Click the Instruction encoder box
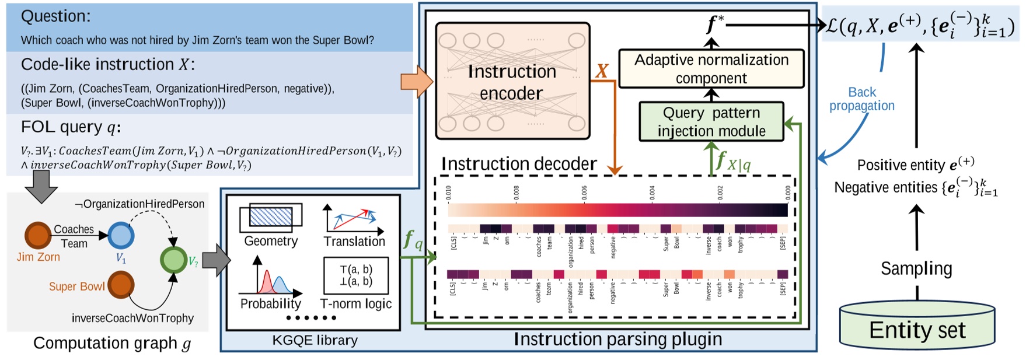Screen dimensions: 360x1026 point(512,82)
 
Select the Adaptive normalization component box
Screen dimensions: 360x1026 point(711,69)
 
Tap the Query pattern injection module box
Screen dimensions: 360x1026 point(711,121)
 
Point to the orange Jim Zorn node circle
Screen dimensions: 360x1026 point(39,235)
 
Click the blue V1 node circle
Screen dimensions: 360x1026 point(121,235)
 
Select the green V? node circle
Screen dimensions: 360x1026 point(173,260)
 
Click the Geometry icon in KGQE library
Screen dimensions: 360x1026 point(271,218)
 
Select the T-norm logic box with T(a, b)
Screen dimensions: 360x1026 point(356,275)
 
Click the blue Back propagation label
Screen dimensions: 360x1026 point(861,99)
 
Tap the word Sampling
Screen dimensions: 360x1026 point(916,268)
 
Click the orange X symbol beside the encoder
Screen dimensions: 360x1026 point(602,71)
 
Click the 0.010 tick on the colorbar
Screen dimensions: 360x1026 point(448,193)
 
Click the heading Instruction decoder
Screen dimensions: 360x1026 point(519,164)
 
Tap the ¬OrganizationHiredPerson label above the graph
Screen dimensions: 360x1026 point(139,204)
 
